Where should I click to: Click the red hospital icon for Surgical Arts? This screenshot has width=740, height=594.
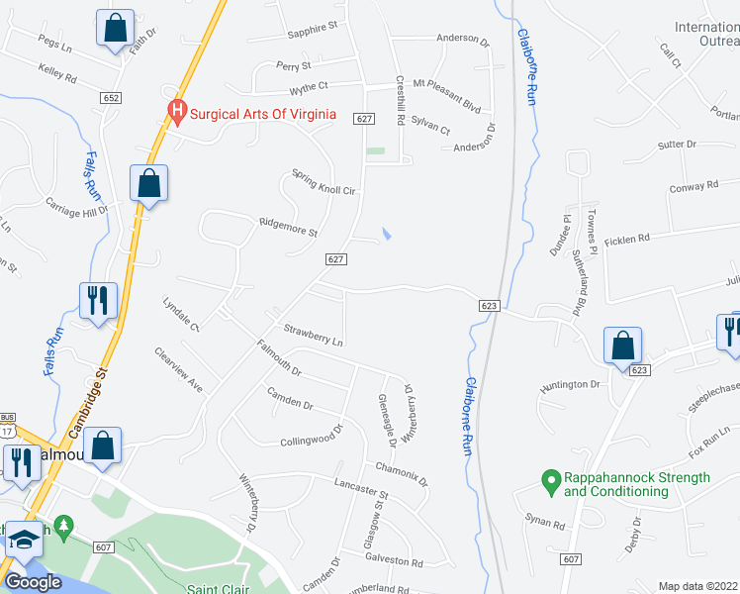pos(178,113)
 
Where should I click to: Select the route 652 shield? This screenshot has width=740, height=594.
pos(111,96)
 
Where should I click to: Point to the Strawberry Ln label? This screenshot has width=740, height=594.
pos(313,334)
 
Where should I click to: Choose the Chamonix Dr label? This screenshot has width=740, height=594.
pos(401,474)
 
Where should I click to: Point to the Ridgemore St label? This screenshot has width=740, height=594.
pos(287,228)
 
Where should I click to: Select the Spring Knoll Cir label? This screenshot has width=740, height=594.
pos(323,181)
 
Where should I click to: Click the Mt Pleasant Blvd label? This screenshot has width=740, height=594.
pos(446,83)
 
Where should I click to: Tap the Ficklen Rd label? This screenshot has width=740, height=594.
pos(628,238)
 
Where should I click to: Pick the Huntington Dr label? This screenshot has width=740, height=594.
pos(570,384)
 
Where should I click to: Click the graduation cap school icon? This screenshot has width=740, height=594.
pos(22,540)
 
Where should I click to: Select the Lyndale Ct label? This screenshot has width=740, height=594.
pos(181,313)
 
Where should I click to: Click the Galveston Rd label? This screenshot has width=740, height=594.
pos(394,561)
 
